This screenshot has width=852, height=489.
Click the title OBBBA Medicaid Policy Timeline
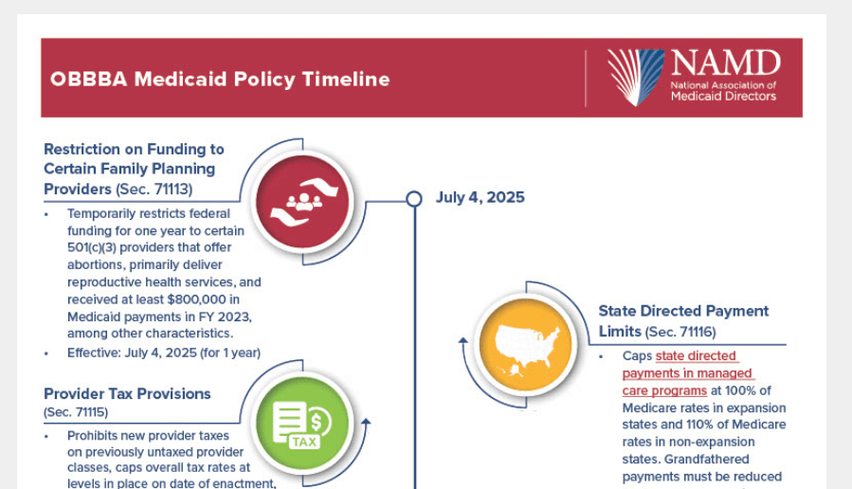220,79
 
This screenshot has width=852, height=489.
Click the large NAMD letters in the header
725,63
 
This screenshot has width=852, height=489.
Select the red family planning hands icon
304,201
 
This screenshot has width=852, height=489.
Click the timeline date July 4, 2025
480,198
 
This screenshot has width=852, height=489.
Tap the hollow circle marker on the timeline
413,198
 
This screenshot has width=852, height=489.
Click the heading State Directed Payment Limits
683,311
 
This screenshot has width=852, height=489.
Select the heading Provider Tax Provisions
127,393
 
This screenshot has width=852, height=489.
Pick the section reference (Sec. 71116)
680,333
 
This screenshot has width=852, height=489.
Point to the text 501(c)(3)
98,248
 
